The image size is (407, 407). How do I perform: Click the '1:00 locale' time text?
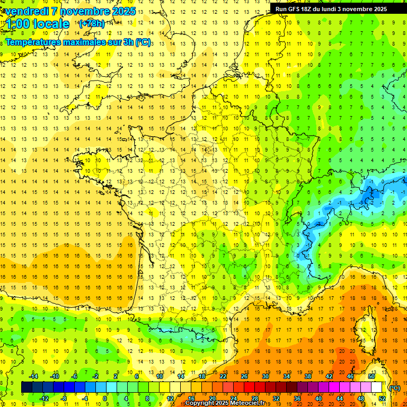pyautogui.click(x=38, y=24)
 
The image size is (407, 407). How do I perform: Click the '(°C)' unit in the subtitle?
pyautogui.click(x=143, y=42)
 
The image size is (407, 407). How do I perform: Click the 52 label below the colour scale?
pyautogui.click(x=382, y=399)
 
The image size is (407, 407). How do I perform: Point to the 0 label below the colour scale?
pyautogui.click(x=105, y=399)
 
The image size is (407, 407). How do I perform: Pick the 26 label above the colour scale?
pyautogui.click(x=244, y=376)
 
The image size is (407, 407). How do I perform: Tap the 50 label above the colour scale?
pyautogui.click(x=371, y=376)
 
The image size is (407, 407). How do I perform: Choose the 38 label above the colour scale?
pyautogui.click(x=307, y=376)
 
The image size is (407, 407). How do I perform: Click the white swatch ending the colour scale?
pyautogui.click(x=376, y=387)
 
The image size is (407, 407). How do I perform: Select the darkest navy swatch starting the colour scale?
pyautogui.click(x=26, y=387)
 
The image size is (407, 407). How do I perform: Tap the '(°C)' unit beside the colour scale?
pyautogui.click(x=394, y=388)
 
